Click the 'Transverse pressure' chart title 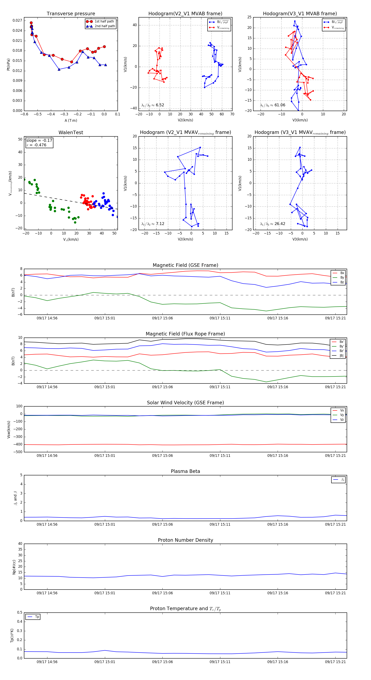tap(71, 14)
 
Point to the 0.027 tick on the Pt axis tap(18, 21)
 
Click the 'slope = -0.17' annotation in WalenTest tap(39, 141)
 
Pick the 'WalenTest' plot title tap(71, 132)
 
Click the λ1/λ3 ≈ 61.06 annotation tap(272, 105)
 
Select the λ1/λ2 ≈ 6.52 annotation tap(153, 105)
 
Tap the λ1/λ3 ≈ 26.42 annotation tap(272, 224)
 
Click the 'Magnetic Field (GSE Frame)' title tap(185, 265)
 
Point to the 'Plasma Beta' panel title tap(185, 471)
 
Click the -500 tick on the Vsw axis tap(18, 452)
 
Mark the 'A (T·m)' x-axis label tap(71, 121)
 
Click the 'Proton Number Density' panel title tap(185, 540)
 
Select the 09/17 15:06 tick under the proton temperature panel tap(162, 662)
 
